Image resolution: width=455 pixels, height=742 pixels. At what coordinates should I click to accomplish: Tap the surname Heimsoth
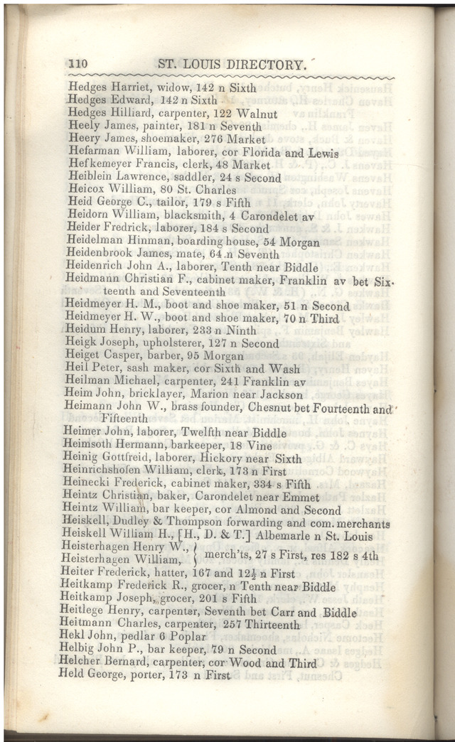coord(95,446)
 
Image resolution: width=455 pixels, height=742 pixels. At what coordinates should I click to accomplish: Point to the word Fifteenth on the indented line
coord(124,420)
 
